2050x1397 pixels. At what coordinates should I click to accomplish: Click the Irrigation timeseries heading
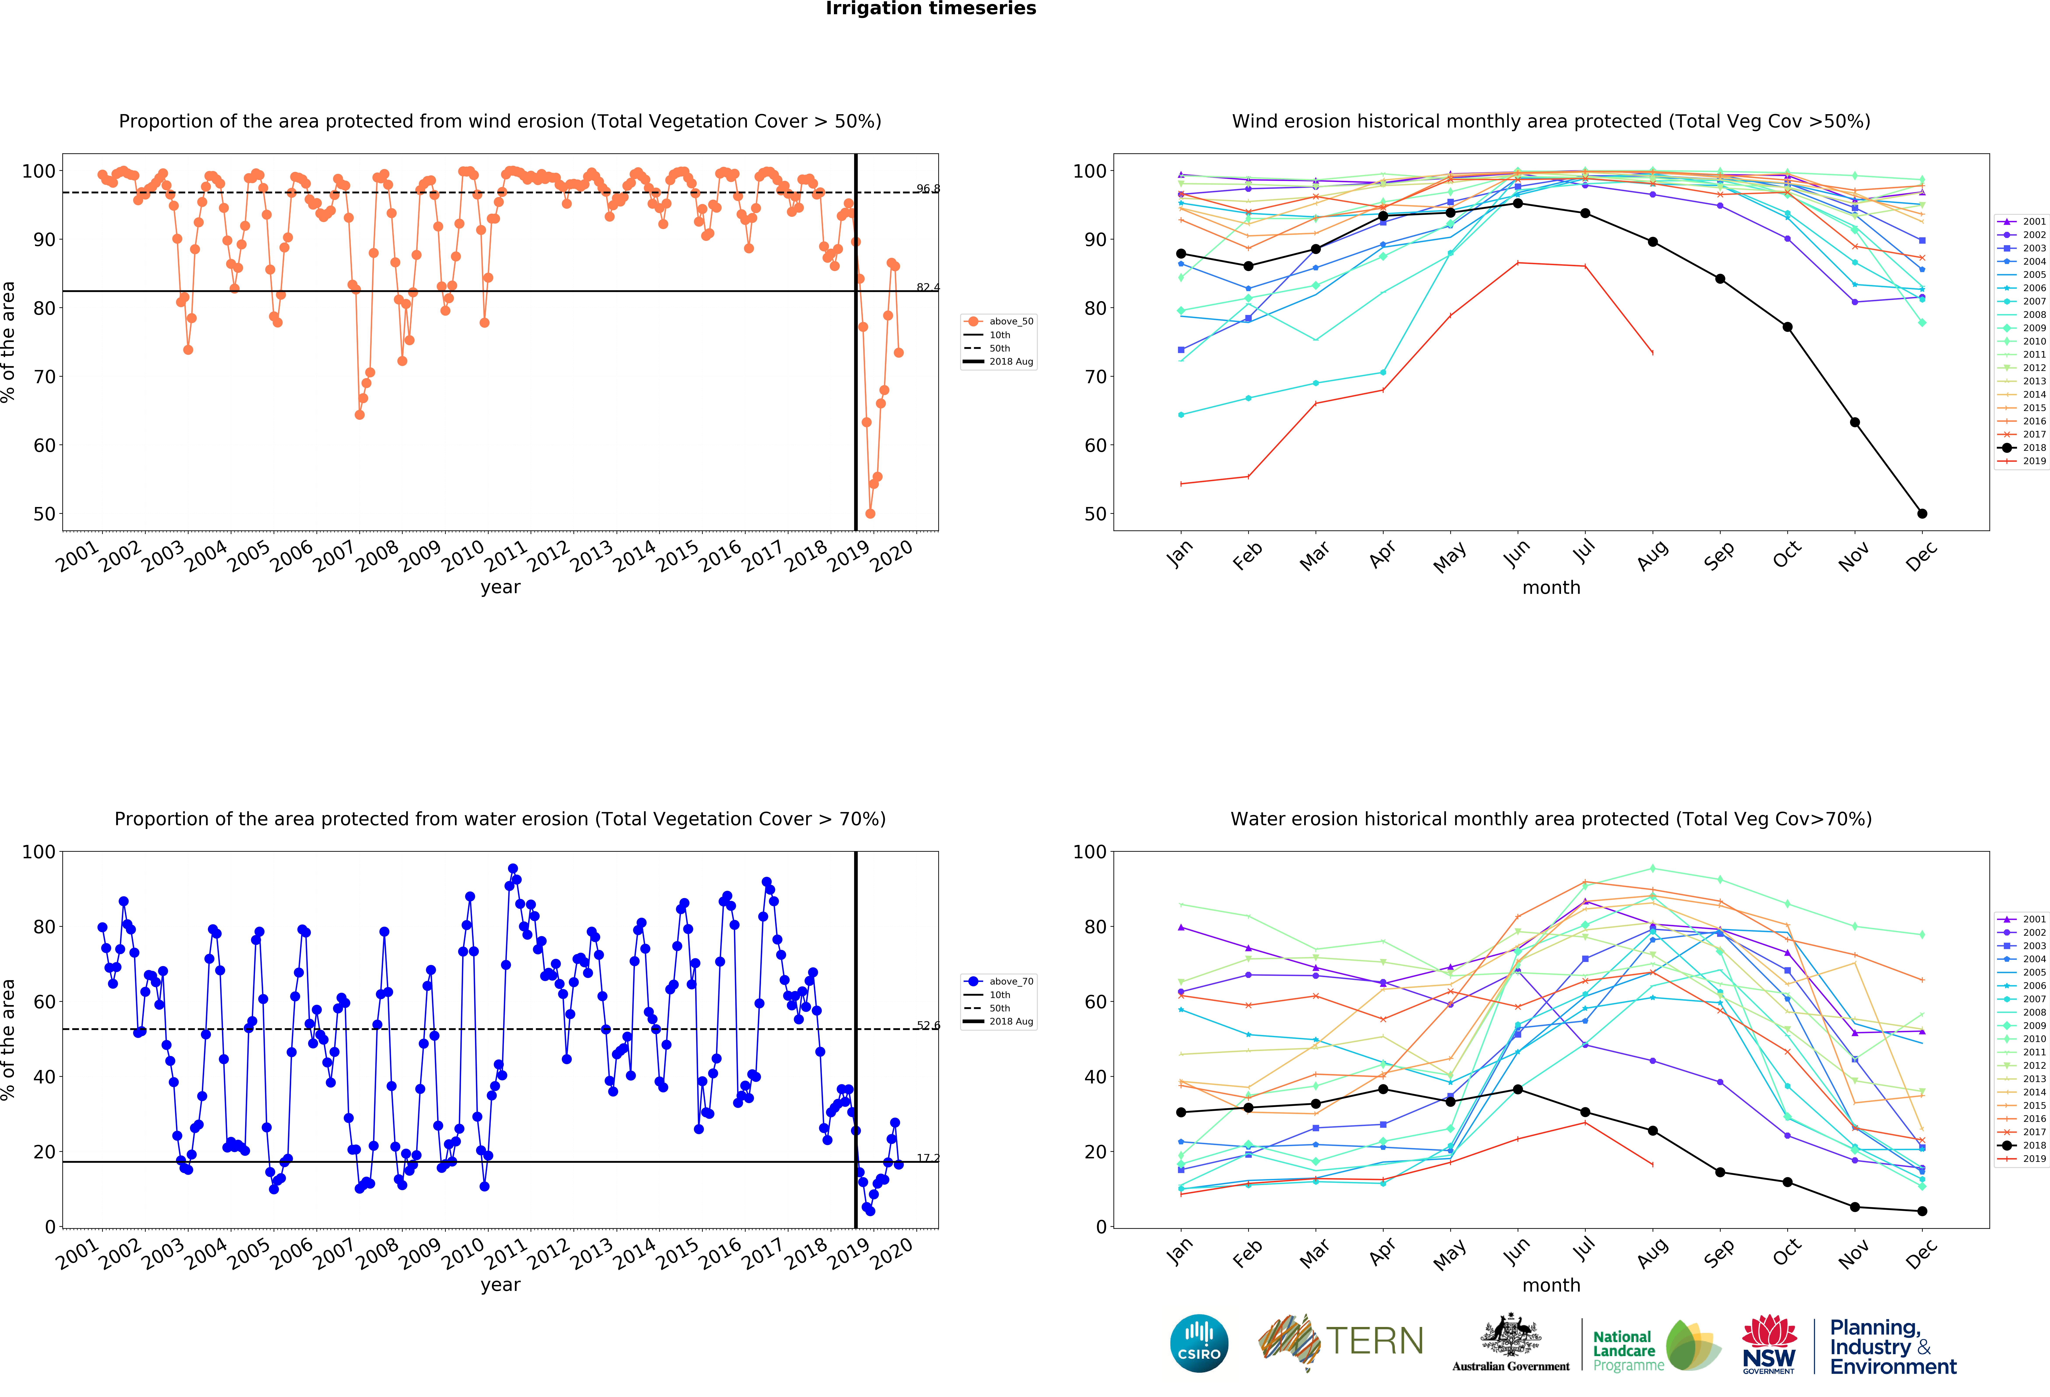[931, 9]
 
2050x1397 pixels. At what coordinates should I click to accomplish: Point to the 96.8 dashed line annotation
[927, 189]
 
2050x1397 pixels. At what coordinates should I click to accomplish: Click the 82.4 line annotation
[927, 287]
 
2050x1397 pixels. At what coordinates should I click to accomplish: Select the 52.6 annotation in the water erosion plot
[927, 1026]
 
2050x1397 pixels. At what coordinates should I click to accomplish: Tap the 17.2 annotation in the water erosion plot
[927, 1158]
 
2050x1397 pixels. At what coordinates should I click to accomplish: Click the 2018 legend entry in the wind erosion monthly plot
[2026, 447]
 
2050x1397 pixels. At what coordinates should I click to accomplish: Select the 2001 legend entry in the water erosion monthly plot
[2026, 919]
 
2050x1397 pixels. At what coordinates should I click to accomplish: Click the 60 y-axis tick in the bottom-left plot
[43, 1002]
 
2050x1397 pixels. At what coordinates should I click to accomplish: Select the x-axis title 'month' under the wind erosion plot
[1551, 587]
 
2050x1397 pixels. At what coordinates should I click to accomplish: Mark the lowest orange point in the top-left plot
[870, 513]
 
